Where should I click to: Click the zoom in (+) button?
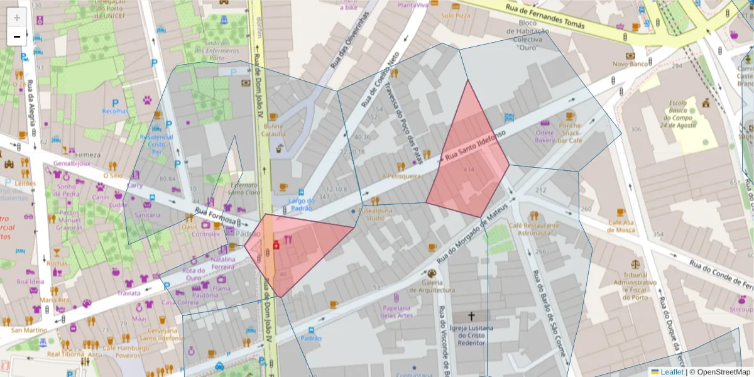tap(17, 17)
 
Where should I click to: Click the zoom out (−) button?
tap(17, 36)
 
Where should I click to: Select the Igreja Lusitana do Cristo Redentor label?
tap(471, 336)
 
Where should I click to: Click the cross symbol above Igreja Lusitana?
tap(471, 317)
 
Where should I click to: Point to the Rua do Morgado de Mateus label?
tap(471, 236)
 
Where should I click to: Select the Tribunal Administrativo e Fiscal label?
tap(635, 286)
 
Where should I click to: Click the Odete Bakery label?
tap(545, 136)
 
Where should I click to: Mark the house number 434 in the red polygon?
tap(469, 170)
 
